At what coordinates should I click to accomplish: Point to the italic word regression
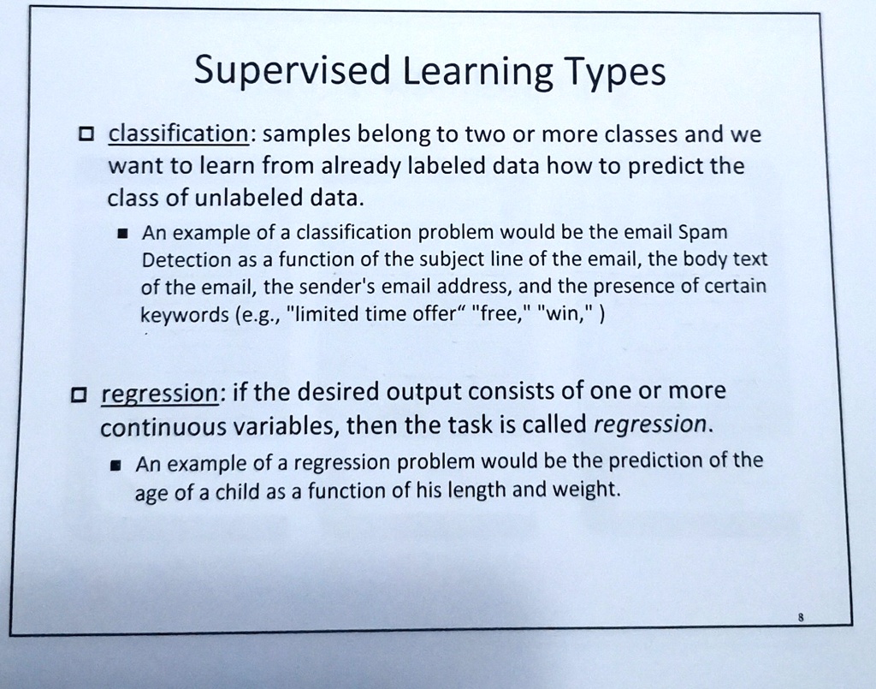(x=651, y=424)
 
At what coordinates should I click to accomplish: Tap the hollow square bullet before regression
(x=79, y=395)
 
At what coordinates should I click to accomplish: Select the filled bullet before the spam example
(x=125, y=234)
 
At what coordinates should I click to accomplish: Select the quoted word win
(x=564, y=312)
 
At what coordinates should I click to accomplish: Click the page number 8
(x=800, y=615)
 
